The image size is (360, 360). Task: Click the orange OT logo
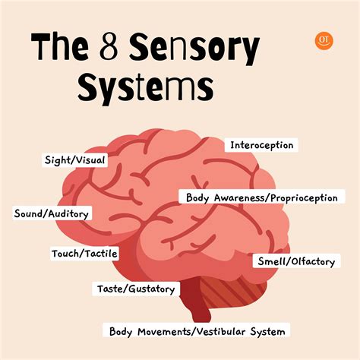click(x=324, y=41)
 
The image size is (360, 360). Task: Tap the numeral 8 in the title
click(x=109, y=47)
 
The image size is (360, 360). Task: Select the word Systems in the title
click(x=146, y=87)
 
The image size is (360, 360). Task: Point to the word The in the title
click(x=60, y=46)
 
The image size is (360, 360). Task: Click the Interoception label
click(x=261, y=145)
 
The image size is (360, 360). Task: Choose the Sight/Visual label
click(x=74, y=160)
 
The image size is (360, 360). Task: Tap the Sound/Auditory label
click(x=52, y=213)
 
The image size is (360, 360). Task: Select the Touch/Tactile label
click(x=84, y=254)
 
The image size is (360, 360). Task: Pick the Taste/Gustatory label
click(x=136, y=289)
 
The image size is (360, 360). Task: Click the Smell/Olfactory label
click(x=296, y=261)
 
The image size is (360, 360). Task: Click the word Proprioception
click(x=304, y=198)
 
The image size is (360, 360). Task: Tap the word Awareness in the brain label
click(x=238, y=197)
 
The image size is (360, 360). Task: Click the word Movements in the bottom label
click(x=163, y=331)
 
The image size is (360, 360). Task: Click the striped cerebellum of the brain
click(x=233, y=291)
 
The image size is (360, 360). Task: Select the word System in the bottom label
click(x=267, y=332)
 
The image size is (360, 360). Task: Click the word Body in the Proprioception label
click(x=197, y=198)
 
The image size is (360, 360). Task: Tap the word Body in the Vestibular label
click(x=121, y=332)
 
